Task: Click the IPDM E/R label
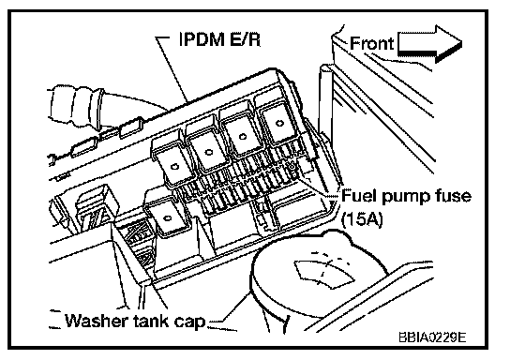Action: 220,39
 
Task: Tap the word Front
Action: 372,43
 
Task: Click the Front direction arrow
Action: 429,43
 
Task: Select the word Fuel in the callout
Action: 359,196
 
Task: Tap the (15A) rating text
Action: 362,218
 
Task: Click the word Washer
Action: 97,321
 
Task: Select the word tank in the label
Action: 151,321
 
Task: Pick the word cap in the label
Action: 189,322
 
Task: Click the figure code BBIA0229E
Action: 432,337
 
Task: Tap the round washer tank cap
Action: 321,277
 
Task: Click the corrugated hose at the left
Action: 78,106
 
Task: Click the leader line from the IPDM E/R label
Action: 172,69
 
